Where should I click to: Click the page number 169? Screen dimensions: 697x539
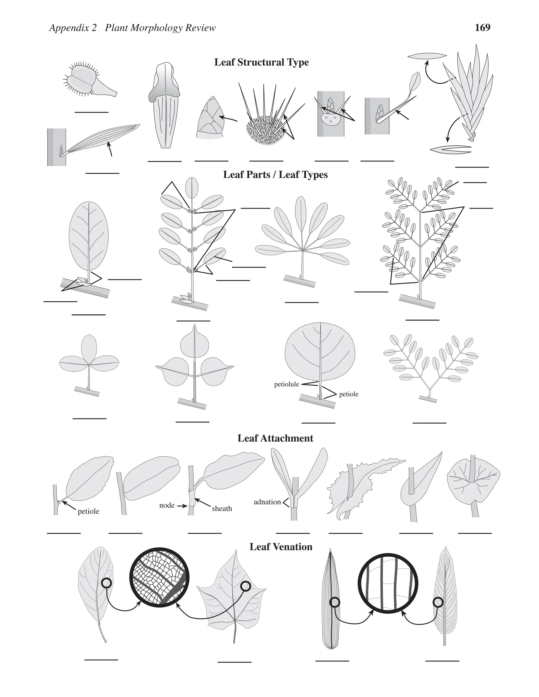(x=482, y=28)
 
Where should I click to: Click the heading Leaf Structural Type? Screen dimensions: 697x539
(x=261, y=62)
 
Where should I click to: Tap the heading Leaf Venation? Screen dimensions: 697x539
(x=281, y=547)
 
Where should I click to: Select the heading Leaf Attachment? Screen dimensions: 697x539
(x=275, y=438)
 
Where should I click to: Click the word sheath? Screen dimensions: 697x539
(x=222, y=508)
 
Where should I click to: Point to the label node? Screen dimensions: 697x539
(x=167, y=505)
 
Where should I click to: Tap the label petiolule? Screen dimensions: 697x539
(x=286, y=384)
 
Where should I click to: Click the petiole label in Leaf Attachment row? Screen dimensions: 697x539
(x=88, y=511)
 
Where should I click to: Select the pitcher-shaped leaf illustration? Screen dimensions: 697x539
(x=164, y=105)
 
